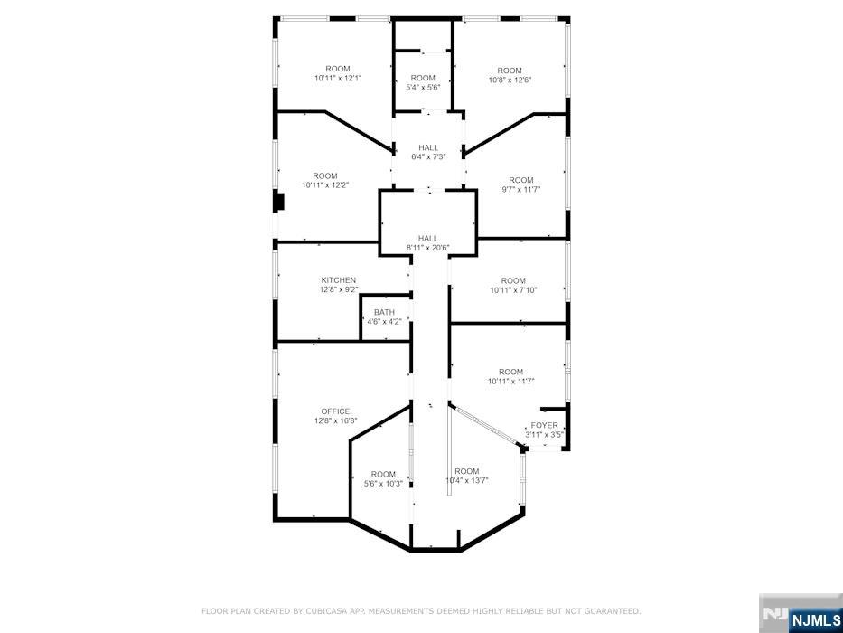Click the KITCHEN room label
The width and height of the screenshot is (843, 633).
pyautogui.click(x=338, y=280)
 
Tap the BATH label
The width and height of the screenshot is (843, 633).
pyautogui.click(x=384, y=312)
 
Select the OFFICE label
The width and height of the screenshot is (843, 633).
pyautogui.click(x=335, y=411)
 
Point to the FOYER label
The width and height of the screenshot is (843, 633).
pyautogui.click(x=544, y=425)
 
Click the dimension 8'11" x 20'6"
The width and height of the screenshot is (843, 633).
pyautogui.click(x=428, y=248)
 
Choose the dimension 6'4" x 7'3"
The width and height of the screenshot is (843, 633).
pyautogui.click(x=428, y=157)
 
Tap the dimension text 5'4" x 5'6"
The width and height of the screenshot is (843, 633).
pyautogui.click(x=423, y=88)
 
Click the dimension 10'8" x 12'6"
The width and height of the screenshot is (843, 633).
pyautogui.click(x=510, y=80)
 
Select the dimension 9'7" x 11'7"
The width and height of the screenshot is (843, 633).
pyautogui.click(x=521, y=189)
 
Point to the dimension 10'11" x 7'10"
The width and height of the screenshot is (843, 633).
pyautogui.click(x=513, y=290)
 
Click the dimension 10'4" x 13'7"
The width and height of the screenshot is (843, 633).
pyautogui.click(x=467, y=480)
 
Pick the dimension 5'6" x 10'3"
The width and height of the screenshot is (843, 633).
pyautogui.click(x=383, y=483)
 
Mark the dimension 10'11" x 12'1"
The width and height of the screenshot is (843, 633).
pyautogui.click(x=338, y=78)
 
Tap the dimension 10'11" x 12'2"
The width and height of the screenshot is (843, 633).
pyautogui.click(x=325, y=184)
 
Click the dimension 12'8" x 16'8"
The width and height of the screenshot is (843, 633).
pyautogui.click(x=335, y=420)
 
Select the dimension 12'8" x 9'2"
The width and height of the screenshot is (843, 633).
pyautogui.click(x=338, y=289)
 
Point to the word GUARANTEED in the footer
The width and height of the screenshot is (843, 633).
pyautogui.click(x=611, y=611)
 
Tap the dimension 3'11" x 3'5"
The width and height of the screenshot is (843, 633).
pyautogui.click(x=544, y=435)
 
